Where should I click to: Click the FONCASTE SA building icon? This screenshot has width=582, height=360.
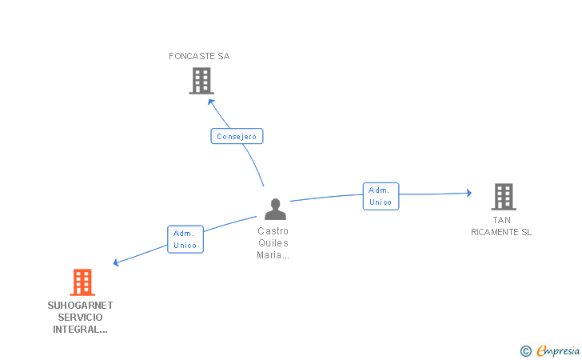[201, 81]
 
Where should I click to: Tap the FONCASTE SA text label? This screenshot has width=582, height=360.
[199, 56]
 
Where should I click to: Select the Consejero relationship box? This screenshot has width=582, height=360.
[237, 136]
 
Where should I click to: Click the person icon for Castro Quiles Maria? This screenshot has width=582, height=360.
[275, 210]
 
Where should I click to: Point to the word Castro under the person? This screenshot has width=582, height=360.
[273, 230]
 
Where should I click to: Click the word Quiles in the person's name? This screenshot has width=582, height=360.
[273, 242]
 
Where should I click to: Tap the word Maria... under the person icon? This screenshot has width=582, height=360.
[273, 255]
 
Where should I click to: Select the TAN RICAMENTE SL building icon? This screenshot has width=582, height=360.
[503, 196]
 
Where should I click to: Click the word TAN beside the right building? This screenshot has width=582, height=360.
[501, 220]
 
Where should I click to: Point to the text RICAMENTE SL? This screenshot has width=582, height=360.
[501, 232]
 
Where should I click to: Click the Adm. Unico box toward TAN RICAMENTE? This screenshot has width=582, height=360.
[381, 196]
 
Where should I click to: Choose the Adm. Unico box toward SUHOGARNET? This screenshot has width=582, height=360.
[185, 239]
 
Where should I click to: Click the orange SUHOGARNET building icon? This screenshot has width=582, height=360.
[82, 282]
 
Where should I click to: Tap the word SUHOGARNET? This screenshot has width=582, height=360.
[80, 305]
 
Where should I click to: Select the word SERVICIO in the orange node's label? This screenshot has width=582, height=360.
[80, 317]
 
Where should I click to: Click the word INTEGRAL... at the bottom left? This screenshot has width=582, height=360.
[80, 329]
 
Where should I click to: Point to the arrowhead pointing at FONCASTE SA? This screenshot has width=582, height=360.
[211, 102]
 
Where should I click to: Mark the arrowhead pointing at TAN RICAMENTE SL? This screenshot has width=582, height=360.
[468, 193]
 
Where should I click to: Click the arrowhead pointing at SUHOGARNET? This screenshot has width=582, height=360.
[117, 262]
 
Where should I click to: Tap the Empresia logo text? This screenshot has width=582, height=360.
[557, 350]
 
